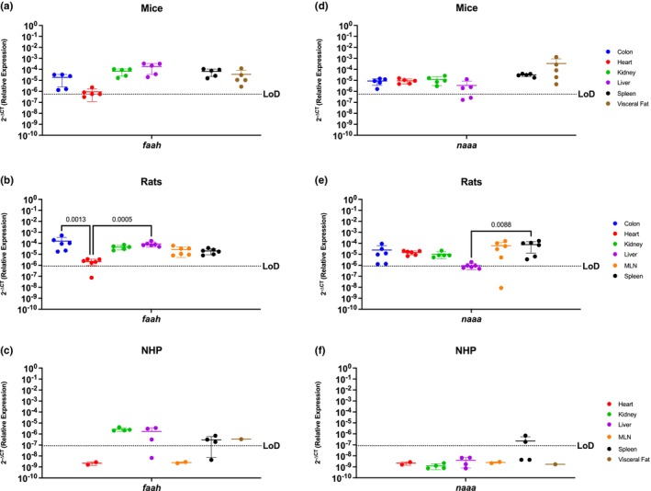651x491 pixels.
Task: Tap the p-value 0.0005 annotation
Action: click(x=122, y=220)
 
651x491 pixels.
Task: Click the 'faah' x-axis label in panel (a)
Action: click(x=152, y=149)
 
